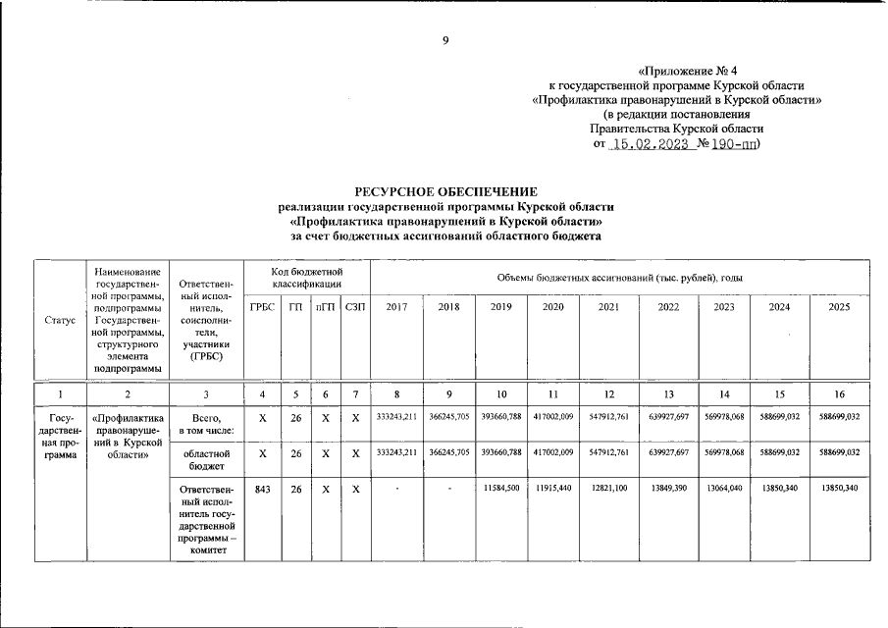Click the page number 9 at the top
click(444, 39)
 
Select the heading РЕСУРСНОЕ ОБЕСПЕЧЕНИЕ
click(445, 190)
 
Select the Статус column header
click(60, 320)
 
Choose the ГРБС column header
click(262, 307)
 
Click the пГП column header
click(325, 307)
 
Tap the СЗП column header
click(355, 307)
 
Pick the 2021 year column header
click(609, 307)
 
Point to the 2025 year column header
click(839, 307)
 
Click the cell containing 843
click(262, 489)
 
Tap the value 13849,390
click(669, 489)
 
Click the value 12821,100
click(609, 489)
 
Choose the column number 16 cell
click(839, 394)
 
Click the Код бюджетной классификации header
click(307, 277)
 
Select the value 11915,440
click(553, 489)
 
